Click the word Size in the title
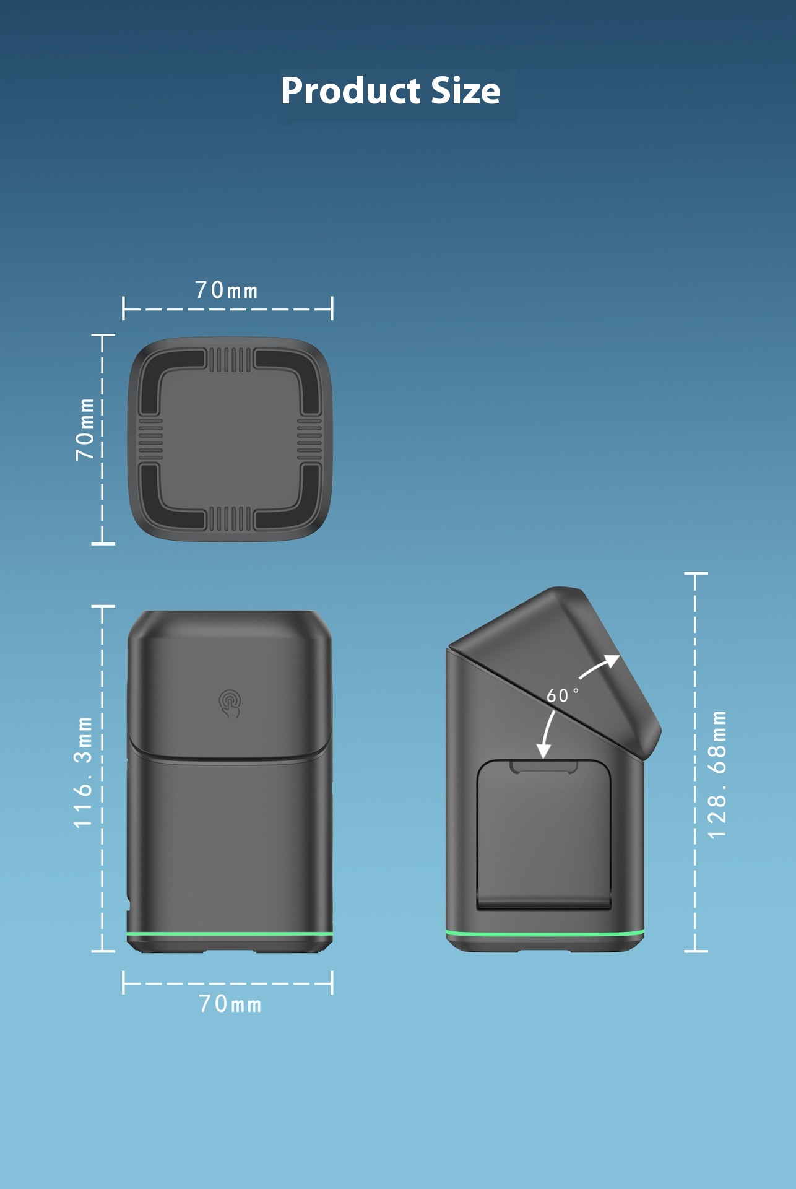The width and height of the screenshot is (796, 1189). (465, 90)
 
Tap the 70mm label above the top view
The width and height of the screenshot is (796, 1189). (227, 290)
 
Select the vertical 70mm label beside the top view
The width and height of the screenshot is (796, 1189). (85, 429)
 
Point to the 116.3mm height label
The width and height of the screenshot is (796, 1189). (83, 773)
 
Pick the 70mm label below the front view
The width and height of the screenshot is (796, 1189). (230, 1004)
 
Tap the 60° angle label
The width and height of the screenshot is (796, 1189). (563, 695)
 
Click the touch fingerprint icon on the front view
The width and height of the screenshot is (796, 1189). (230, 704)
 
